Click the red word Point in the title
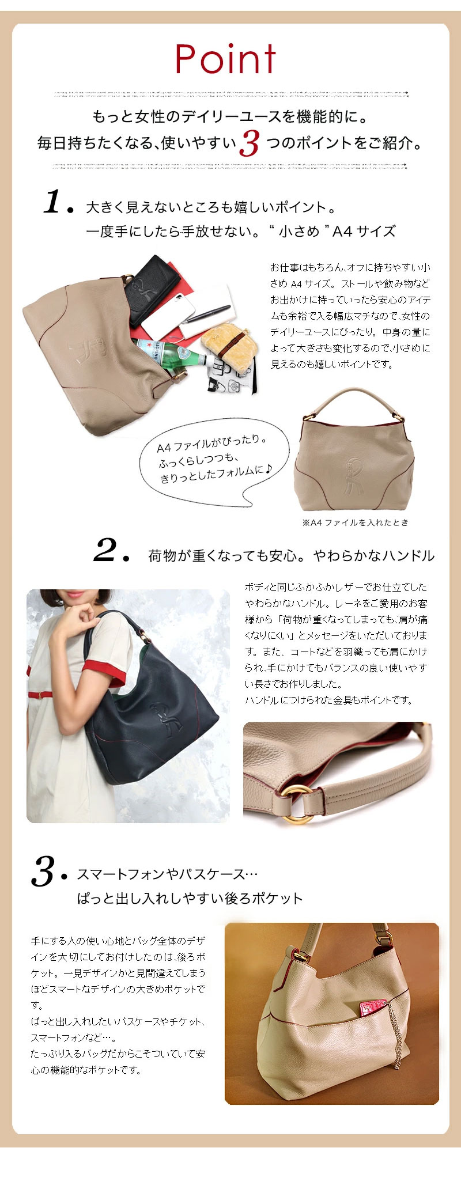pos(226,59)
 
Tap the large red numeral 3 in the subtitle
pos(250,143)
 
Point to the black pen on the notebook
pos(209,315)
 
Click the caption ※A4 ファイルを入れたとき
pos(355,522)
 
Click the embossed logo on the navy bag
pos(163,717)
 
